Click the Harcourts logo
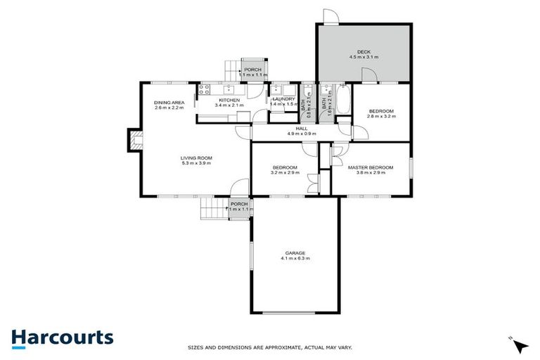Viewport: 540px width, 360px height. [x=62, y=337]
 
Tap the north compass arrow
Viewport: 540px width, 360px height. [x=520, y=345]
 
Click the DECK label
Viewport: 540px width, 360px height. [x=364, y=51]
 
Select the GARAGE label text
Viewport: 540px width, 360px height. [x=295, y=252]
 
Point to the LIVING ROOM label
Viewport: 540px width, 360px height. [x=196, y=157]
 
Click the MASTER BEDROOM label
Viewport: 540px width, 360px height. [x=371, y=167]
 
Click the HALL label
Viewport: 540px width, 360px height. [x=302, y=128]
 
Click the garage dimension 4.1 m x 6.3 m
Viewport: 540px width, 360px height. [x=295, y=259]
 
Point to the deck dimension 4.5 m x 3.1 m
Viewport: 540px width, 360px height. [x=364, y=57]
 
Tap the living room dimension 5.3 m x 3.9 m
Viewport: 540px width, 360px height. [x=196, y=163]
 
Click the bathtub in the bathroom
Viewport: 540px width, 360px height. [x=342, y=100]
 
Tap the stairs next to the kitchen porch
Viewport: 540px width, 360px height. [x=232, y=70]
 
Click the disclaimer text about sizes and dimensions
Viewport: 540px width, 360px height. [x=270, y=347]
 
